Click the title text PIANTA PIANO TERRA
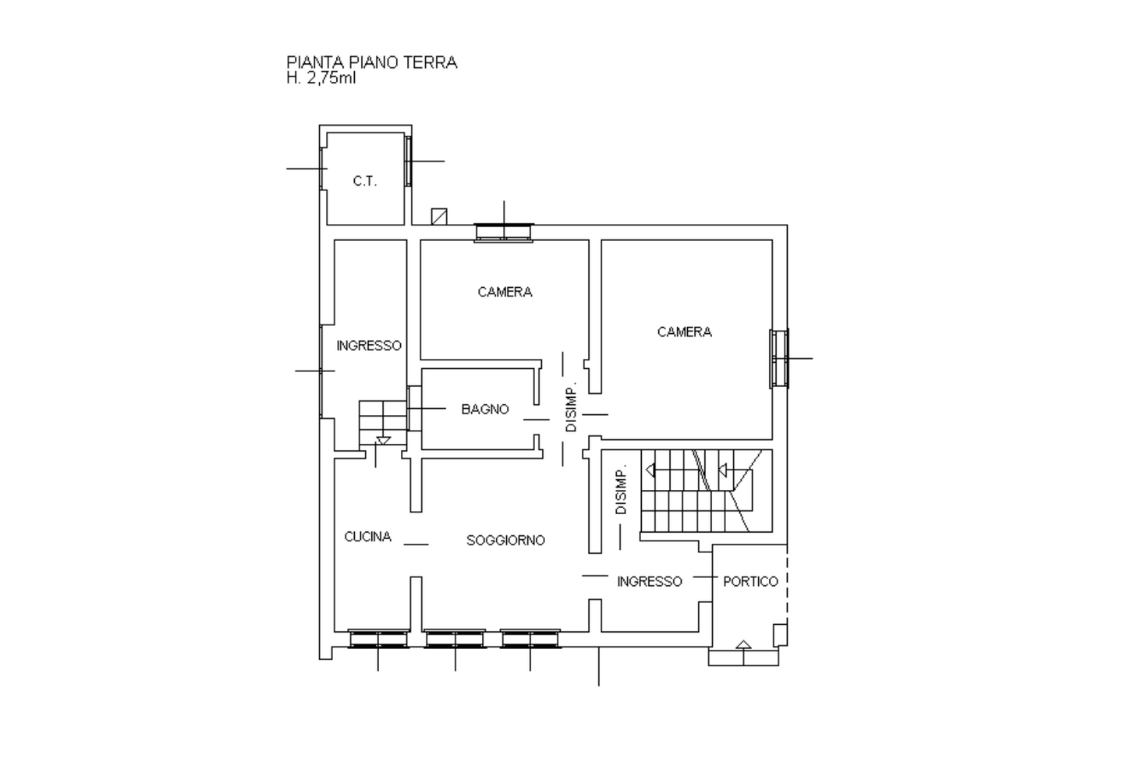click(x=372, y=62)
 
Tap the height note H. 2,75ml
click(x=321, y=78)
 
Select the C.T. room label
click(x=365, y=181)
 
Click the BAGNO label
click(x=485, y=409)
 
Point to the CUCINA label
click(x=368, y=537)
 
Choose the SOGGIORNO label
click(x=505, y=541)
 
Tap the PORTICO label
click(x=750, y=582)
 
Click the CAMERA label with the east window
click(x=684, y=332)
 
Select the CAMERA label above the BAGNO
click(x=505, y=293)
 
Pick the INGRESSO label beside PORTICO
click(x=650, y=582)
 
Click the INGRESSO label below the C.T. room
click(x=369, y=346)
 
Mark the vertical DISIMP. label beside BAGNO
click(x=571, y=408)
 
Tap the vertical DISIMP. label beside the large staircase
click(x=622, y=490)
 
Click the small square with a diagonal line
click(x=439, y=216)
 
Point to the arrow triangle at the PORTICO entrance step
click(x=743, y=644)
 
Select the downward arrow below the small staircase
click(x=384, y=442)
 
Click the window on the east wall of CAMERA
click(x=779, y=358)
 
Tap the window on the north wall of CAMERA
click(x=504, y=232)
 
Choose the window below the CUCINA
click(x=379, y=639)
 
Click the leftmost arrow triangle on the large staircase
click(x=650, y=470)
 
